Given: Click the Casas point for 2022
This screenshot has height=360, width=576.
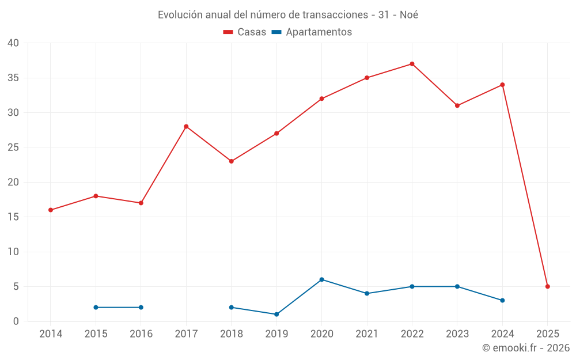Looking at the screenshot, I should point(412,64).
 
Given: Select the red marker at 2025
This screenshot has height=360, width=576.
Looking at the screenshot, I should point(547,286).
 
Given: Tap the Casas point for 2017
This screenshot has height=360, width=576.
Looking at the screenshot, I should point(186,126).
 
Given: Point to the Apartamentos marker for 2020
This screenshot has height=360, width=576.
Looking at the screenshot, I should point(321,279).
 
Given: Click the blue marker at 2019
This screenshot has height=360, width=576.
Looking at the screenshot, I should point(276,314).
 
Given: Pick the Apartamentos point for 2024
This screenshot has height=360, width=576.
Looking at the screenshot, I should point(502,300).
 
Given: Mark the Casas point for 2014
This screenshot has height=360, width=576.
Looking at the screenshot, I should point(51,210).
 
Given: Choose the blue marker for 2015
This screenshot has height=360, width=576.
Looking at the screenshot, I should point(96,307).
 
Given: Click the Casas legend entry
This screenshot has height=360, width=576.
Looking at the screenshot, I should point(245,32).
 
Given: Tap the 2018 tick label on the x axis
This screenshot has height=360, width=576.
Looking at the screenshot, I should point(231,334).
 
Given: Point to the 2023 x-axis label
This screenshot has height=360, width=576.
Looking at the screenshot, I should point(457,334).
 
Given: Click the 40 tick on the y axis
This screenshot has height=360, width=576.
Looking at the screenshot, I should point(13,43).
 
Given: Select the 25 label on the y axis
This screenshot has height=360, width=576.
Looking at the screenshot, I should point(13,147).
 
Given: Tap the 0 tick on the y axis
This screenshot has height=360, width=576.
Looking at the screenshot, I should point(16,321).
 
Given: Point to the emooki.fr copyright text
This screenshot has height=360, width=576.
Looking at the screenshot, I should point(526,348).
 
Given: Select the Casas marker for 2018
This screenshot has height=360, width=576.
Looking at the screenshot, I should point(231,161).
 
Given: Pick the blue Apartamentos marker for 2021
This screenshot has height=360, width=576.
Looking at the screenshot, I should point(367,293).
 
